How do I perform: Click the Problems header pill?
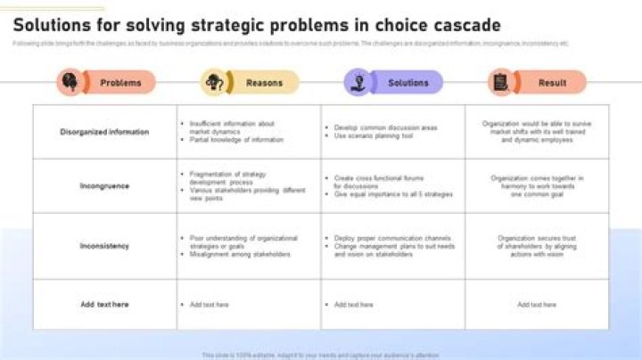tap(120, 83)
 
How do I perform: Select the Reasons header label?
tap(264, 83)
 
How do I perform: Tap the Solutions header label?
tap(408, 83)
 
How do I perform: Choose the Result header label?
tap(552, 83)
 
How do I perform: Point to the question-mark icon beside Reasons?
tap(214, 83)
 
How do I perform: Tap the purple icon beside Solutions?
tap(358, 83)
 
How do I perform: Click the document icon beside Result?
tap(501, 83)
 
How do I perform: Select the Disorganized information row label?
tap(104, 132)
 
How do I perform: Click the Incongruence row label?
tap(104, 186)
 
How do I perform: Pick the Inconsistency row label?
tap(104, 246)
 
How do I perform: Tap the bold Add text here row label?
tap(104, 305)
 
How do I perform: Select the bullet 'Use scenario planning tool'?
tap(374, 136)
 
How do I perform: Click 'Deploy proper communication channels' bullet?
tap(392, 238)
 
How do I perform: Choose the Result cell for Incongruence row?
tap(537, 186)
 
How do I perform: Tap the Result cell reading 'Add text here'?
tap(537, 305)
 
